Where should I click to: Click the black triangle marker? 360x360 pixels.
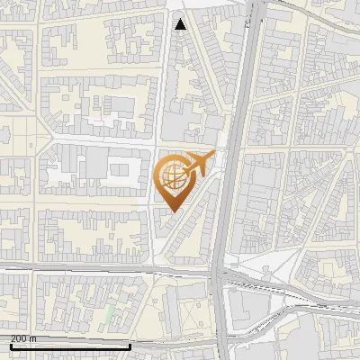(x=181, y=24)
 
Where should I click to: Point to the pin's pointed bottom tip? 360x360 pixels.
(x=172, y=211)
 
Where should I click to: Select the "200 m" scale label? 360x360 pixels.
(x=23, y=338)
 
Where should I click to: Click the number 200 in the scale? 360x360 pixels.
(x=19, y=338)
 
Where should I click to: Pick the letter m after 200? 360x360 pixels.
(x=33, y=338)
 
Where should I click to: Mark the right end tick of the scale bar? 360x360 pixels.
(x=130, y=346)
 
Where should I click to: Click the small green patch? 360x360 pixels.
(x=110, y=315)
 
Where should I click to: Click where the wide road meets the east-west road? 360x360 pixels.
(x=220, y=271)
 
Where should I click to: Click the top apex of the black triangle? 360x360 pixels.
(x=181, y=18)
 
